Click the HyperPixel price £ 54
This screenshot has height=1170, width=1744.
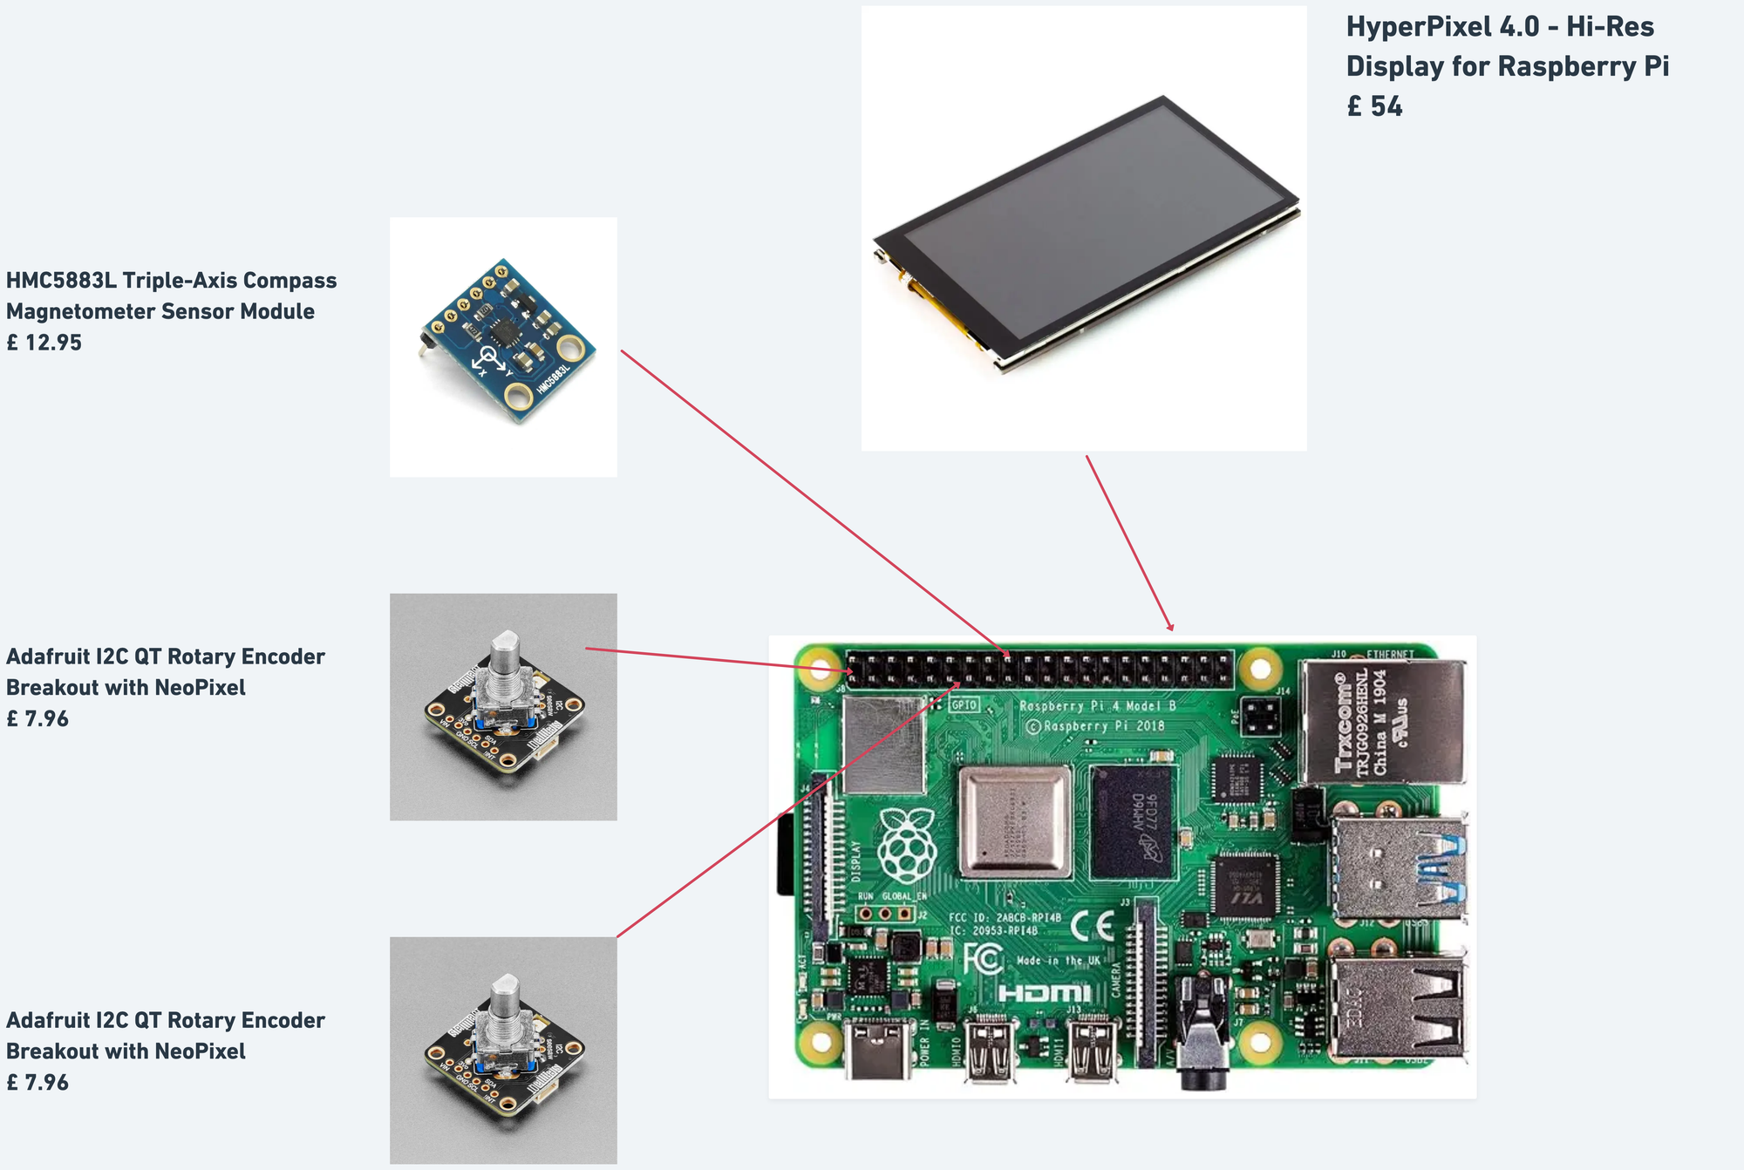point(1374,106)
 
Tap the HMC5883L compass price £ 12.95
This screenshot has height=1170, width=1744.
point(44,343)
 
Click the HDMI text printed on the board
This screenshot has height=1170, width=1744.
point(1044,993)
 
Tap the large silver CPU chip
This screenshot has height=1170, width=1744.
point(1015,822)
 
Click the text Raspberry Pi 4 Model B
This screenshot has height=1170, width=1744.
point(1098,706)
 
